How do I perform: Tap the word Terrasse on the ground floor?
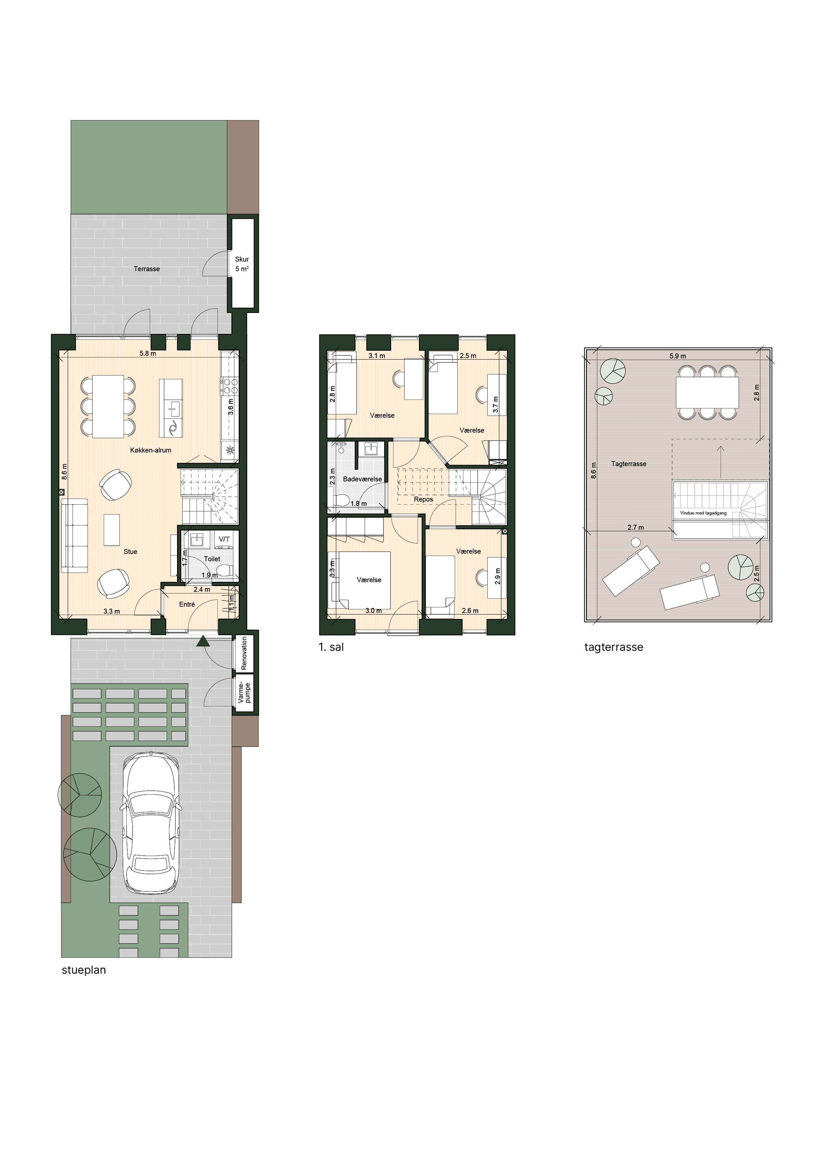click(147, 269)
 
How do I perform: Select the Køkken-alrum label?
click(150, 450)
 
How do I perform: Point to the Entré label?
click(187, 604)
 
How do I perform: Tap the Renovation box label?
click(244, 653)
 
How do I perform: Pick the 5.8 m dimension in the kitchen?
click(147, 353)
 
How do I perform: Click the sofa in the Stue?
click(74, 536)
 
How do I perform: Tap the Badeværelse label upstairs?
click(362, 479)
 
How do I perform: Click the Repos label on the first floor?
click(423, 499)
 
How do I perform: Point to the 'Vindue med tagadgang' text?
click(703, 513)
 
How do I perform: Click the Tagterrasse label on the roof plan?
click(628, 463)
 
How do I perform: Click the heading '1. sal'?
click(331, 647)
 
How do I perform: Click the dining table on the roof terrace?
click(707, 393)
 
